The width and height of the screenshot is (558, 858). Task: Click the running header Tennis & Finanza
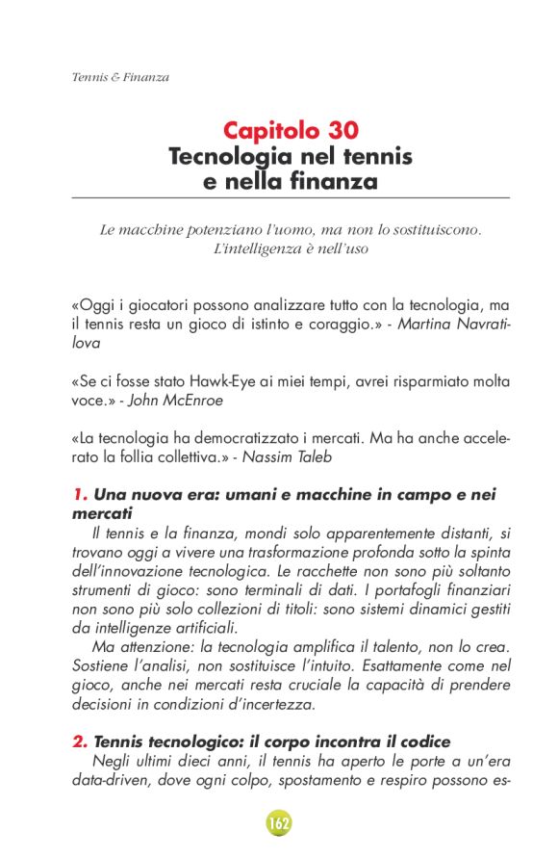click(120, 77)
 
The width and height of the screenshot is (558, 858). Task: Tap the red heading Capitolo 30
click(292, 130)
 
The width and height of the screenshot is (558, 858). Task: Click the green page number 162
click(279, 823)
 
